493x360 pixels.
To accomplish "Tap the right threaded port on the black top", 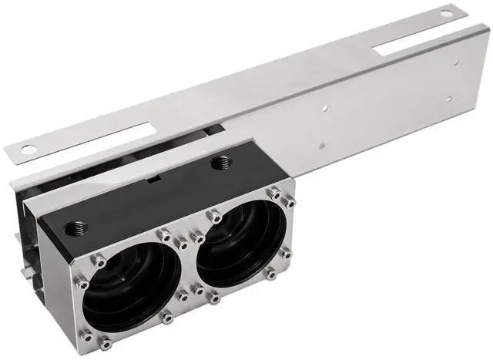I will (x=224, y=163).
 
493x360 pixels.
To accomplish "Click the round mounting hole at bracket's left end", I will (x=28, y=147).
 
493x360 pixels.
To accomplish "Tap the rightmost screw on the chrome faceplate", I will (x=291, y=203).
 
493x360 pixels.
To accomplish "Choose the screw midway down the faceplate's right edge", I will (x=285, y=253).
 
